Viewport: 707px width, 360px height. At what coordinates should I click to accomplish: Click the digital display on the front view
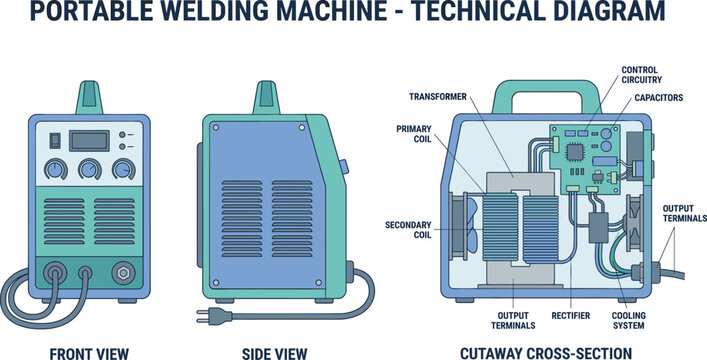pyautogui.click(x=84, y=139)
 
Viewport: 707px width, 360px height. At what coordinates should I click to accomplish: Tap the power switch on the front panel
pyautogui.click(x=56, y=140)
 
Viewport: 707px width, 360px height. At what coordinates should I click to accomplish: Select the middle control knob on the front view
pyautogui.click(x=89, y=169)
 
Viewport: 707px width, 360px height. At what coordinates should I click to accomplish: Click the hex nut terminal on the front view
pyautogui.click(x=125, y=271)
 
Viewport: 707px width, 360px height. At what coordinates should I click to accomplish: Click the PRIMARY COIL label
pyautogui.click(x=415, y=135)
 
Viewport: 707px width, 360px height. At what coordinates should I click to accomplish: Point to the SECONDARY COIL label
pyautogui.click(x=408, y=230)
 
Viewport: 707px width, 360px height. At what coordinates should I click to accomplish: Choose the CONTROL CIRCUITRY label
pyautogui.click(x=640, y=76)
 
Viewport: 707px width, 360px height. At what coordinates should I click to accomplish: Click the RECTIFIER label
pyautogui.click(x=570, y=315)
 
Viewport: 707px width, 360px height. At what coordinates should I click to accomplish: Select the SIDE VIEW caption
pyautogui.click(x=275, y=351)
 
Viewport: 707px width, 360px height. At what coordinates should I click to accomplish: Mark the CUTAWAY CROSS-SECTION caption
pyautogui.click(x=545, y=351)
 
